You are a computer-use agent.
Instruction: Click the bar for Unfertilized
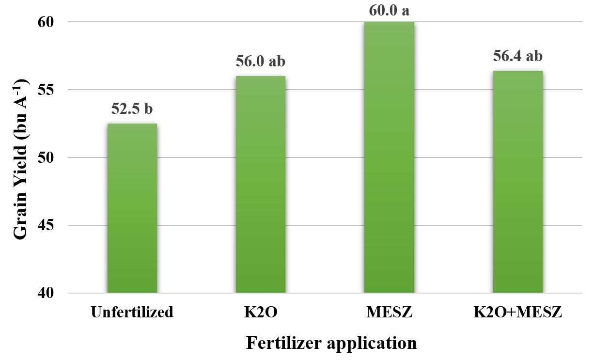click(x=132, y=208)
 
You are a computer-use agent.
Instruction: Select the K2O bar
click(x=260, y=185)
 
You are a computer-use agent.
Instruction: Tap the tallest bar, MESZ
click(x=389, y=157)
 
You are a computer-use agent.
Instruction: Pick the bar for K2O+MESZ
click(x=517, y=182)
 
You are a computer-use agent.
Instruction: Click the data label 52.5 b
click(x=132, y=109)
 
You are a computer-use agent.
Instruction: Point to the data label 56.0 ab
click(x=260, y=62)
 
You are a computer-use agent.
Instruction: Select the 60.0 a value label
click(x=389, y=9)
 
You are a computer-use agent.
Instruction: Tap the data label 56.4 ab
click(x=517, y=56)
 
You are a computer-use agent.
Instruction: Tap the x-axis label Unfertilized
click(x=132, y=312)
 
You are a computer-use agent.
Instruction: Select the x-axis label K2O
click(x=260, y=312)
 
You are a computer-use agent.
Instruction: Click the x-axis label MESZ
click(x=389, y=312)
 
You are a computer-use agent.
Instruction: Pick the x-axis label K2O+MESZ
click(x=517, y=312)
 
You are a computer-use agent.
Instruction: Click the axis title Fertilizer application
click(x=331, y=343)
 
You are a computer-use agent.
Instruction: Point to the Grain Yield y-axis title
click(x=20, y=157)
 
